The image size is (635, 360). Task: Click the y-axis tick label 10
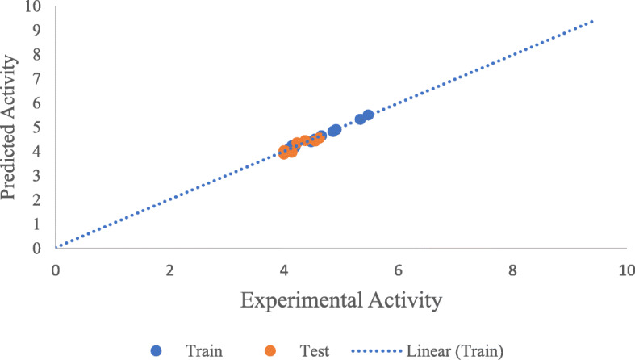pyautogui.click(x=32, y=6)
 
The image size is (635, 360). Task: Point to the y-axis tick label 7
pyautogui.click(x=36, y=79)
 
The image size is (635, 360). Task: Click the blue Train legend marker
pyautogui.click(x=157, y=350)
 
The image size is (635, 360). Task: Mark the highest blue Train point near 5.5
pyautogui.click(x=368, y=115)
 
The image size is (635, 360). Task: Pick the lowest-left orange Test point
pyautogui.click(x=284, y=153)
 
